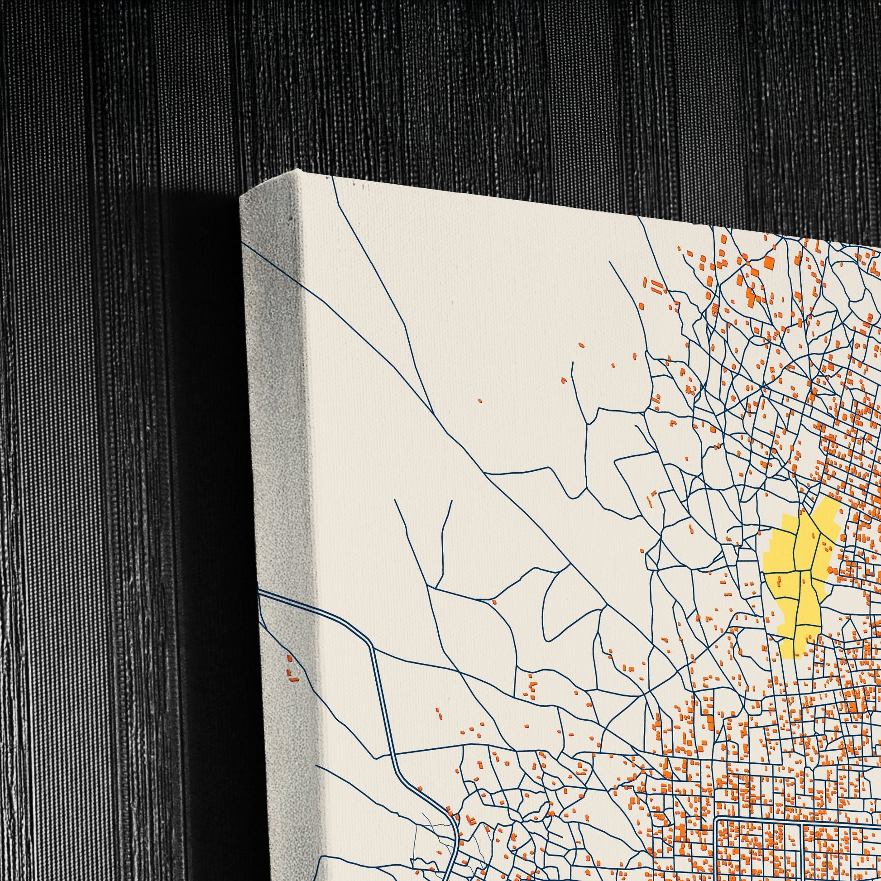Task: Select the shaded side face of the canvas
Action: point(278,411)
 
